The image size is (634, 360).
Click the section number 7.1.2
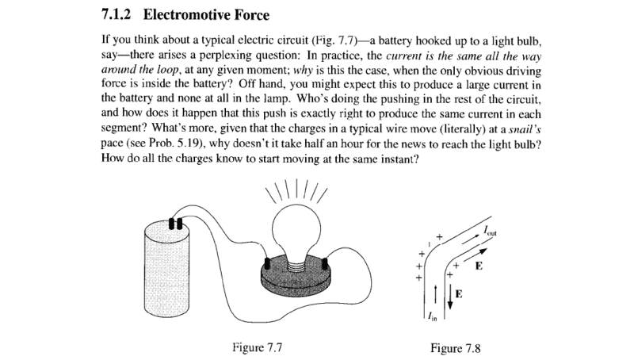(116, 15)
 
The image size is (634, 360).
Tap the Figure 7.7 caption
(257, 347)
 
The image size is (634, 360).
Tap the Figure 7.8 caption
(455, 348)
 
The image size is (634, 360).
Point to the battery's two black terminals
(175, 224)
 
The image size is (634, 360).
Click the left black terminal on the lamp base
(267, 263)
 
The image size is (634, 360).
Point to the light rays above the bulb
(296, 190)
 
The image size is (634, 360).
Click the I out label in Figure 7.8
(490, 231)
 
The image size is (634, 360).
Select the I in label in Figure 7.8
(433, 317)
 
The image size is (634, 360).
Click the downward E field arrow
(449, 297)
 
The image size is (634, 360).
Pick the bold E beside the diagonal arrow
(479, 266)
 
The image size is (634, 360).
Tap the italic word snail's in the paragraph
(525, 129)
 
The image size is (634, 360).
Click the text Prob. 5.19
(168, 144)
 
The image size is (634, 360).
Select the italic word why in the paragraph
(303, 71)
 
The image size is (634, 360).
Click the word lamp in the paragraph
(277, 99)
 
